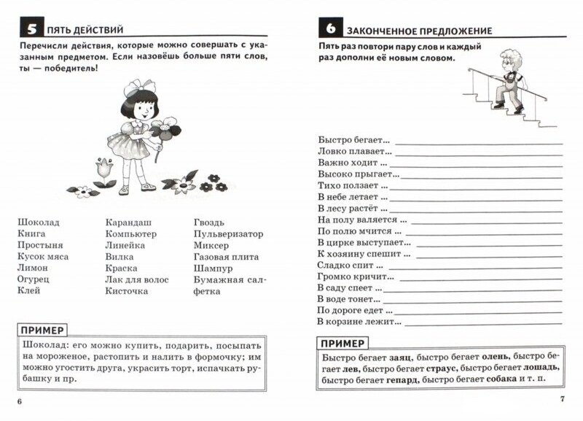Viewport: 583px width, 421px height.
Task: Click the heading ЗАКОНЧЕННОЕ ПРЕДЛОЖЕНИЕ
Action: pyautogui.click(x=419, y=31)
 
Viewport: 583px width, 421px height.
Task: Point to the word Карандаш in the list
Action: pyautogui.click(x=128, y=222)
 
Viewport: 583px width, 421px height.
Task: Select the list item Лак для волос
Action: pyautogui.click(x=136, y=279)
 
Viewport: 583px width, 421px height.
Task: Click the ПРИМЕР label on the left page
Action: pyautogui.click(x=44, y=331)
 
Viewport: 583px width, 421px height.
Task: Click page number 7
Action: pyautogui.click(x=561, y=398)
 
